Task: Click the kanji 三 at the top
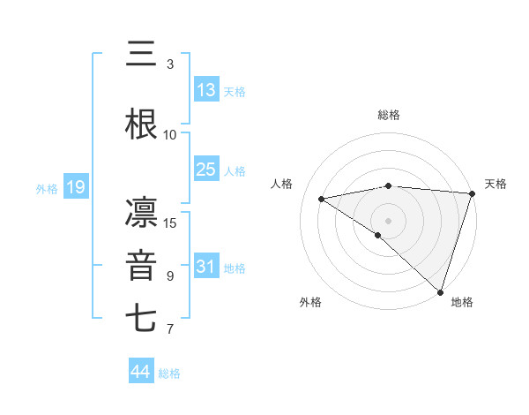[141, 56]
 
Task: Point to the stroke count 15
[171, 223]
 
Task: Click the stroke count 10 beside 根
[171, 135]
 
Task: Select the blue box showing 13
[205, 90]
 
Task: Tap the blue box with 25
[205, 170]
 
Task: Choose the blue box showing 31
[205, 267]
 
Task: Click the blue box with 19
[75, 187]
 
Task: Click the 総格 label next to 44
[169, 373]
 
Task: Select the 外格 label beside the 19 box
[46, 188]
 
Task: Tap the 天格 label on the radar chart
[495, 184]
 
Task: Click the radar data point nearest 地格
[440, 291]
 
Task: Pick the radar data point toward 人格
[322, 199]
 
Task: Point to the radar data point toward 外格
[378, 235]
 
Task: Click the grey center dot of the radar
[388, 220]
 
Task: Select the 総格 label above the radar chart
[388, 115]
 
